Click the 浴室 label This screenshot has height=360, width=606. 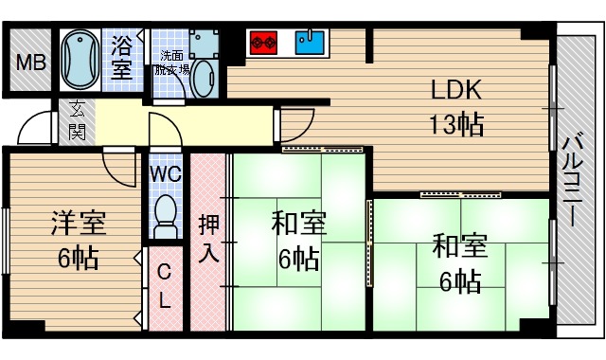[x=121, y=57]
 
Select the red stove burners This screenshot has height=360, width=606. [x=261, y=42]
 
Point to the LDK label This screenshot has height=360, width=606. [x=457, y=90]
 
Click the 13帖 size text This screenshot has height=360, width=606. [x=457, y=123]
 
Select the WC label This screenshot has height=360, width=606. [x=167, y=173]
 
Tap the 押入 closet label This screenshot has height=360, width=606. [x=209, y=239]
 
